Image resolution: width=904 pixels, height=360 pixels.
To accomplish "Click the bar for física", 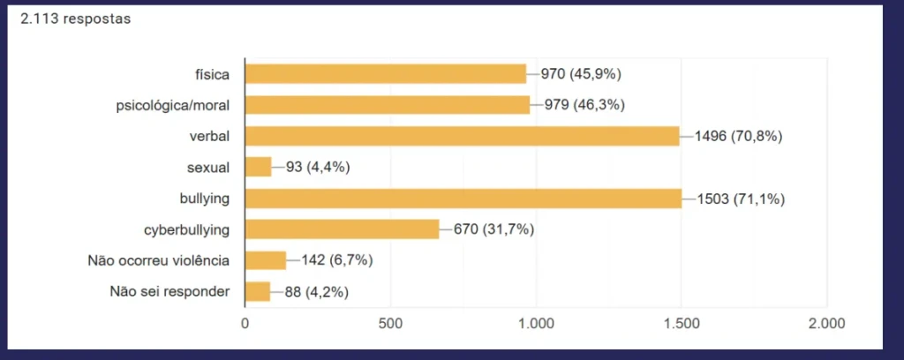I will pyautogui.click(x=385, y=74).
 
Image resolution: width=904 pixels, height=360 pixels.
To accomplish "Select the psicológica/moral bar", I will pyautogui.click(x=387, y=105).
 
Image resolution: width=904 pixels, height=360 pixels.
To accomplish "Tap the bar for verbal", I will pyautogui.click(x=462, y=136).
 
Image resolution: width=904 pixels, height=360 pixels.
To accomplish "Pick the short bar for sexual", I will pyautogui.click(x=258, y=167).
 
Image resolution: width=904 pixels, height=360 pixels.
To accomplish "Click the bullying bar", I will pyautogui.click(x=463, y=199).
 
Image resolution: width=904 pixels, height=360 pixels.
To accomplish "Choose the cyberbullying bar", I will pyautogui.click(x=342, y=229).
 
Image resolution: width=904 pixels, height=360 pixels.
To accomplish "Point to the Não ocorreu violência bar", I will pyautogui.click(x=265, y=260).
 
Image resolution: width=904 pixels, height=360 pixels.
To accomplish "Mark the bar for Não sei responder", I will pyautogui.click(x=257, y=291).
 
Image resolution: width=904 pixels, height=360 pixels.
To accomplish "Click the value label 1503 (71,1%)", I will pyautogui.click(x=741, y=199).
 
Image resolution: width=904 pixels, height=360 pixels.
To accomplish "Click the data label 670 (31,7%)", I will pyautogui.click(x=494, y=229).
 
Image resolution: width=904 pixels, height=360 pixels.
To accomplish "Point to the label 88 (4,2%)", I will pyautogui.click(x=315, y=291).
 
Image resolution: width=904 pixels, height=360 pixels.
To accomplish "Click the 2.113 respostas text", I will pyautogui.click(x=75, y=19).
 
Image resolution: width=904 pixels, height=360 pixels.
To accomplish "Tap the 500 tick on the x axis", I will pyautogui.click(x=390, y=323).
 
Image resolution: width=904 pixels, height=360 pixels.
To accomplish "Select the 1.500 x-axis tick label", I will pyautogui.click(x=682, y=323).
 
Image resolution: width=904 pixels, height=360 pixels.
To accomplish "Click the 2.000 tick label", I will pyautogui.click(x=827, y=323).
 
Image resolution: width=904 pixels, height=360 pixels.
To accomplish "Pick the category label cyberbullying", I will pyautogui.click(x=187, y=229).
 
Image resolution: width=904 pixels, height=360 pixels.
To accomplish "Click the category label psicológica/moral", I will pyautogui.click(x=173, y=106).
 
